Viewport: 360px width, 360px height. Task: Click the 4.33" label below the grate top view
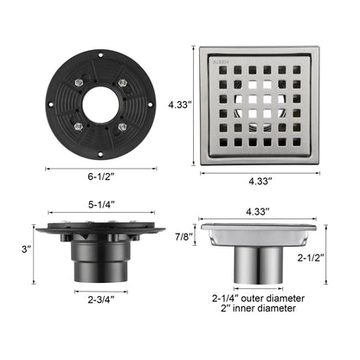coord(259,182)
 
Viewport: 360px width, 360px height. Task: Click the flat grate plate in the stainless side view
coord(258,234)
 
